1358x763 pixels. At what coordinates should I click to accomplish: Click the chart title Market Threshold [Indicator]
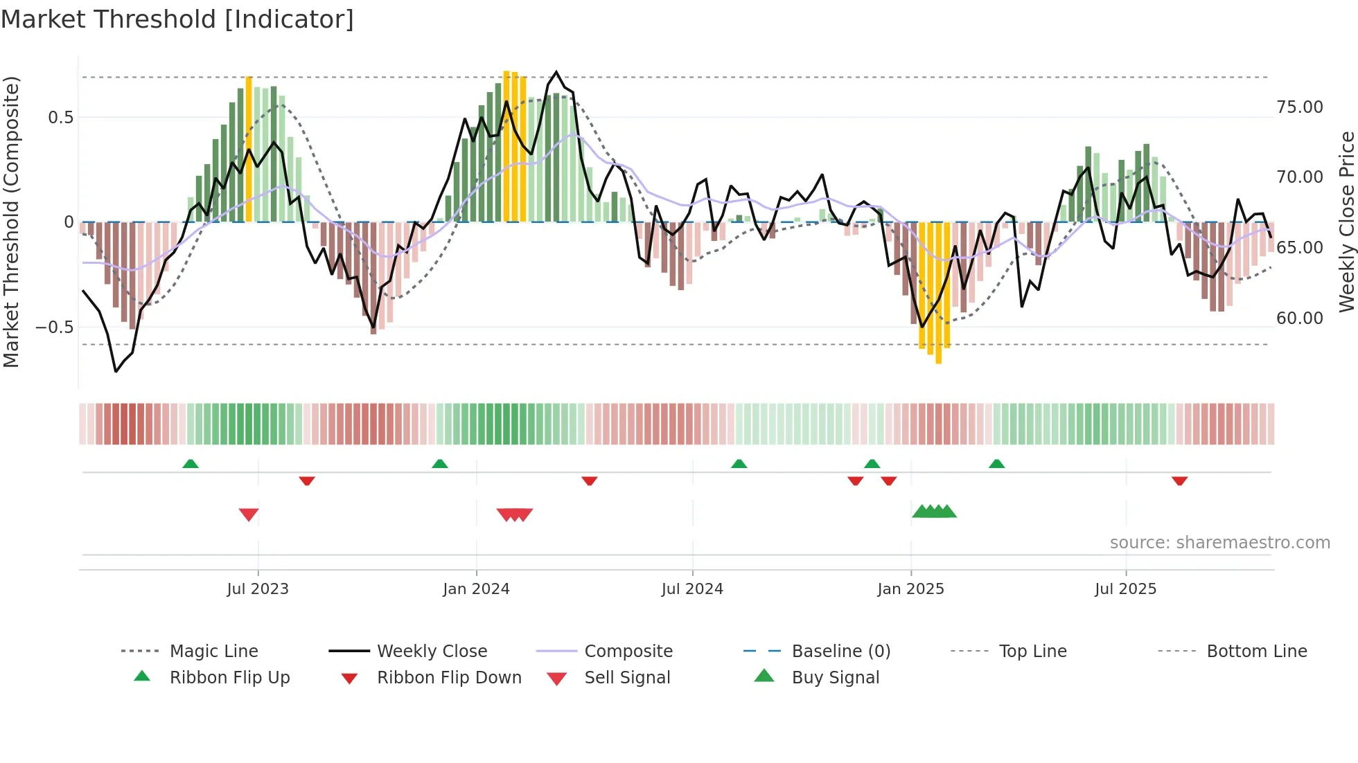click(x=177, y=19)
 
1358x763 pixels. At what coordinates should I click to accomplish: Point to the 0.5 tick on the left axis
click(x=61, y=118)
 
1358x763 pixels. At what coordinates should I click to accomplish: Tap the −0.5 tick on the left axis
click(x=55, y=327)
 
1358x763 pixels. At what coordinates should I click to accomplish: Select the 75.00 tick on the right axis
click(x=1299, y=107)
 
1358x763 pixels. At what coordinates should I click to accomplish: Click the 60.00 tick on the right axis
click(x=1299, y=318)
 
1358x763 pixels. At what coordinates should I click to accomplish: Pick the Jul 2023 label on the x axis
click(x=258, y=589)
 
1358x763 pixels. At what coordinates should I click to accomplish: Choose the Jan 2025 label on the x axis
click(x=910, y=589)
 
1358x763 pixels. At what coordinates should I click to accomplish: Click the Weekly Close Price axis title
click(x=1346, y=222)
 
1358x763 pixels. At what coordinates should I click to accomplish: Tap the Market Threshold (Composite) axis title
click(x=11, y=222)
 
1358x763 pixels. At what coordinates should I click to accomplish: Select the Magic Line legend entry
click(x=213, y=652)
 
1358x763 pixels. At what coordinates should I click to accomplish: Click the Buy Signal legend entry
click(x=835, y=678)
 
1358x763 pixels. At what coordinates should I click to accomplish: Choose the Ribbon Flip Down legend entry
click(x=448, y=678)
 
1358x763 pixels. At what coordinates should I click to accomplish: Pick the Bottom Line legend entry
click(x=1256, y=652)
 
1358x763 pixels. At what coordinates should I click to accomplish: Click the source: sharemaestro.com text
click(x=1219, y=543)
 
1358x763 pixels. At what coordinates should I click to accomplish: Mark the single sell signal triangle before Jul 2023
click(x=249, y=514)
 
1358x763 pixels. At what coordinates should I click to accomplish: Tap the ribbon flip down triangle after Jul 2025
click(x=1180, y=481)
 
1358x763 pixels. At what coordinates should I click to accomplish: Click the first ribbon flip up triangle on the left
click(x=191, y=464)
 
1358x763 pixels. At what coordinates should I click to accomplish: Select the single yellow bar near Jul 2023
click(x=249, y=149)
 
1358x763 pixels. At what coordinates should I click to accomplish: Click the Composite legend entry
click(x=628, y=652)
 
